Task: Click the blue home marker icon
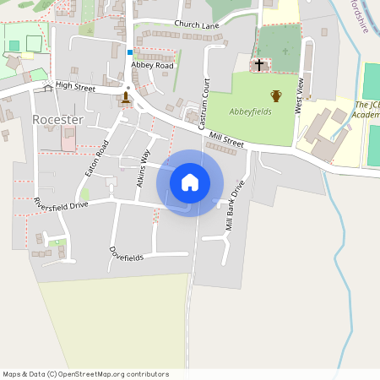tap(190, 182)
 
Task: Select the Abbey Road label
tap(152, 65)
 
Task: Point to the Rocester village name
tap(57, 120)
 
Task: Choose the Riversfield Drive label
tap(60, 205)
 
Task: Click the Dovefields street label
tap(127, 253)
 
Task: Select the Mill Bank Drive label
tap(235, 206)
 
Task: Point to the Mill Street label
tap(226, 139)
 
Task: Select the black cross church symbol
tap(259, 65)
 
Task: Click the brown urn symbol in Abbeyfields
tap(275, 95)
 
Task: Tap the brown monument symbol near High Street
tap(126, 97)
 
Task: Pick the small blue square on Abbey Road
tap(130, 52)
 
